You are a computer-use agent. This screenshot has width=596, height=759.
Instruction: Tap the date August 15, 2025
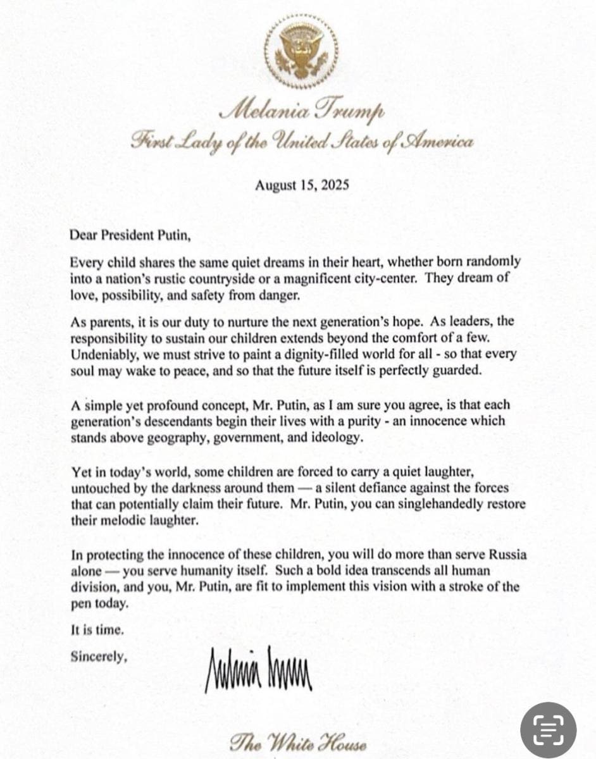pos(302,185)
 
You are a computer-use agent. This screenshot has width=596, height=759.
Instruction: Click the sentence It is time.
pos(93,630)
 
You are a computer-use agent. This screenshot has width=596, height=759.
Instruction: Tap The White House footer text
pos(298,741)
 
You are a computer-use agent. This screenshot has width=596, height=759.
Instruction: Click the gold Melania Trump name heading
pos(301,113)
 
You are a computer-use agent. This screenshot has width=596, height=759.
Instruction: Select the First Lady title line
pos(301,142)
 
